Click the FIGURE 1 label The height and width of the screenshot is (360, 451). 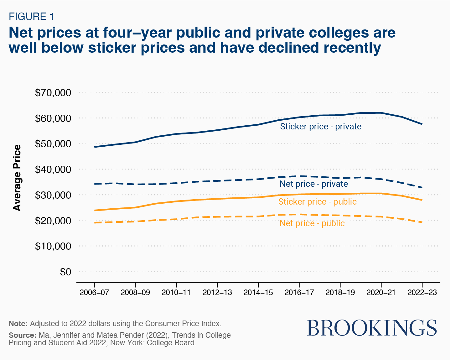coord(31,16)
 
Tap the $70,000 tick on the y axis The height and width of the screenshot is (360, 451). coord(53,93)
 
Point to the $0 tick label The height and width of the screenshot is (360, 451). coord(65,272)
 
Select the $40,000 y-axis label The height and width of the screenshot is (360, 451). coord(53,170)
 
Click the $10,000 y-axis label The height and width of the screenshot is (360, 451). coord(53,246)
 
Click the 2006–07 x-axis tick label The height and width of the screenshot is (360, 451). coord(94,292)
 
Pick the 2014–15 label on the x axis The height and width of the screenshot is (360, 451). coord(258,292)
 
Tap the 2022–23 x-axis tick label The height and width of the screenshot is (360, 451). coord(422,292)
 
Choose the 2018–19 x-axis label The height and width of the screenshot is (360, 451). coord(340,292)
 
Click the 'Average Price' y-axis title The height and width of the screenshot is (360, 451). coord(17,178)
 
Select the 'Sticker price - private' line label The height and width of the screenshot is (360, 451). coord(320,127)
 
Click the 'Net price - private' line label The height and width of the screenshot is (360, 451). coord(314,184)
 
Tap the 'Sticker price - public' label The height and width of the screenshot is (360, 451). coord(317,202)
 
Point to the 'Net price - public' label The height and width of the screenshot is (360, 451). coord(312,223)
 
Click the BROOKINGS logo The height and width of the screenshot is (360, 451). coord(372,328)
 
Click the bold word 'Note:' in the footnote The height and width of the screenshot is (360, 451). coord(18,324)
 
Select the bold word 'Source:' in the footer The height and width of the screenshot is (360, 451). coord(22,335)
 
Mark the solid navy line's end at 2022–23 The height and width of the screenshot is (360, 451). coord(422,124)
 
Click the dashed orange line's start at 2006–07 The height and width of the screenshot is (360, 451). coord(95,222)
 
